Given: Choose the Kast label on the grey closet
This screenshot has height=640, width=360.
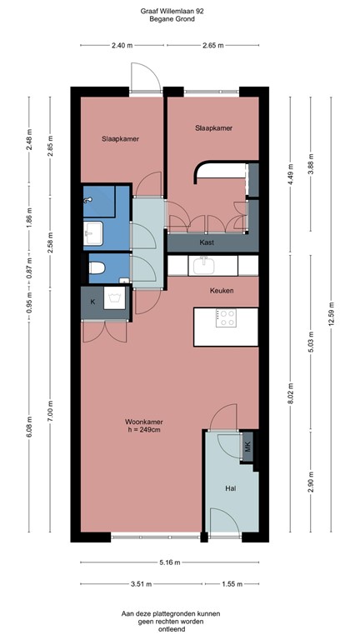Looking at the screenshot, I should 208,242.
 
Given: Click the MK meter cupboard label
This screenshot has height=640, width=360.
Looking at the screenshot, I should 247,447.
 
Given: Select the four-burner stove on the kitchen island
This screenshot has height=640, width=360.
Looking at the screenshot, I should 226,317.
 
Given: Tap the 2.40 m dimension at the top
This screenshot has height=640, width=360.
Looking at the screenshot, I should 122,46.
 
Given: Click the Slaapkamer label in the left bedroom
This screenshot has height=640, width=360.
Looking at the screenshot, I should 120,138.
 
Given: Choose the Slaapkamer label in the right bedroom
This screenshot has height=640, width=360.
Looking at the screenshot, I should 213,128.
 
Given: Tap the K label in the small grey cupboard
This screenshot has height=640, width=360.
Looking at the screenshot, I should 92,300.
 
